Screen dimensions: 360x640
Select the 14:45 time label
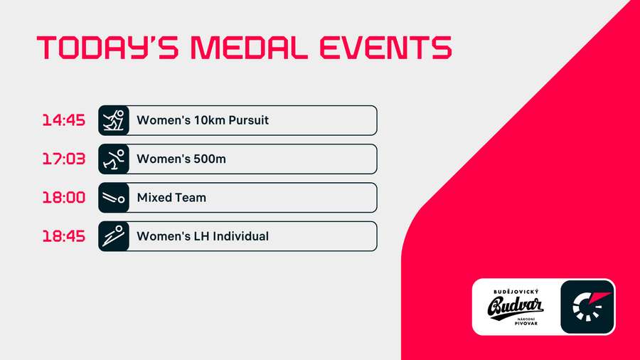click(63, 120)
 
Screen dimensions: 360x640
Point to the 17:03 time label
click(63, 159)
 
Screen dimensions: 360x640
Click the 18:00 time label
click(63, 197)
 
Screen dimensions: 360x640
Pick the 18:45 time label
click(63, 235)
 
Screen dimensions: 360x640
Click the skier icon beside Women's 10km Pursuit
click(114, 120)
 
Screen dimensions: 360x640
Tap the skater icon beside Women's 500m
click(114, 159)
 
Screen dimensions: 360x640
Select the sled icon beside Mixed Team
click(114, 197)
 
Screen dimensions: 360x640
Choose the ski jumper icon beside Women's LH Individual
click(114, 235)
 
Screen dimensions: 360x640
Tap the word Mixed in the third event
click(153, 197)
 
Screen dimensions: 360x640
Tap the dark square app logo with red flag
click(587, 307)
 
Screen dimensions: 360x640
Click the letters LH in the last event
click(198, 235)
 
